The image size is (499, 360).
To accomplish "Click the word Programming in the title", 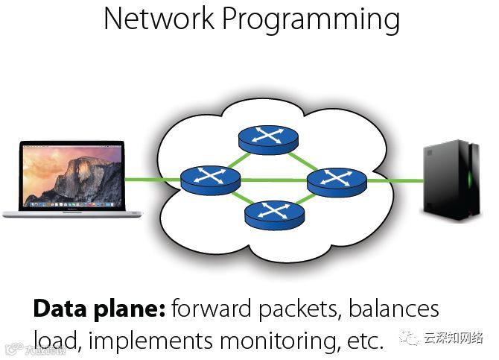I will [x=313, y=20].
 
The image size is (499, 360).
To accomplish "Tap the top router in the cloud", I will [x=268, y=139].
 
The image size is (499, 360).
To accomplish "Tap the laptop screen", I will [x=72, y=173].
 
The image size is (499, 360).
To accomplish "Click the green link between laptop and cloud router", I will [x=152, y=180].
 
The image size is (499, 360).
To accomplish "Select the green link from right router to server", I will [x=392, y=180].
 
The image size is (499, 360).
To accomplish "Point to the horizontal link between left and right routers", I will [x=273, y=180].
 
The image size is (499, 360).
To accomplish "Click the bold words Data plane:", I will [x=98, y=309].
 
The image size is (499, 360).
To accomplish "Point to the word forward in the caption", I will [x=209, y=309].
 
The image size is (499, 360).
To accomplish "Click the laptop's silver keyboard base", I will [x=72, y=213].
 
